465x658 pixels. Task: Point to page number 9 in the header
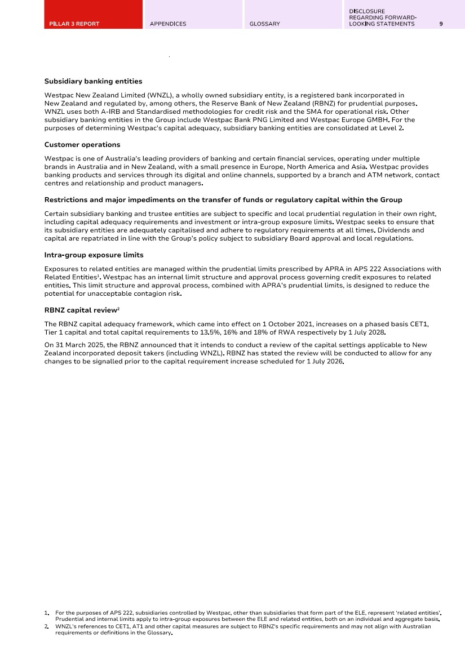441,24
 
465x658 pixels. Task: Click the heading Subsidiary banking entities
93,82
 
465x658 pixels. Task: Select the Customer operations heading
82,145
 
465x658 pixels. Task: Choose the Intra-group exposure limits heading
94,255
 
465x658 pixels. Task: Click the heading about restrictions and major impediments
223,200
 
